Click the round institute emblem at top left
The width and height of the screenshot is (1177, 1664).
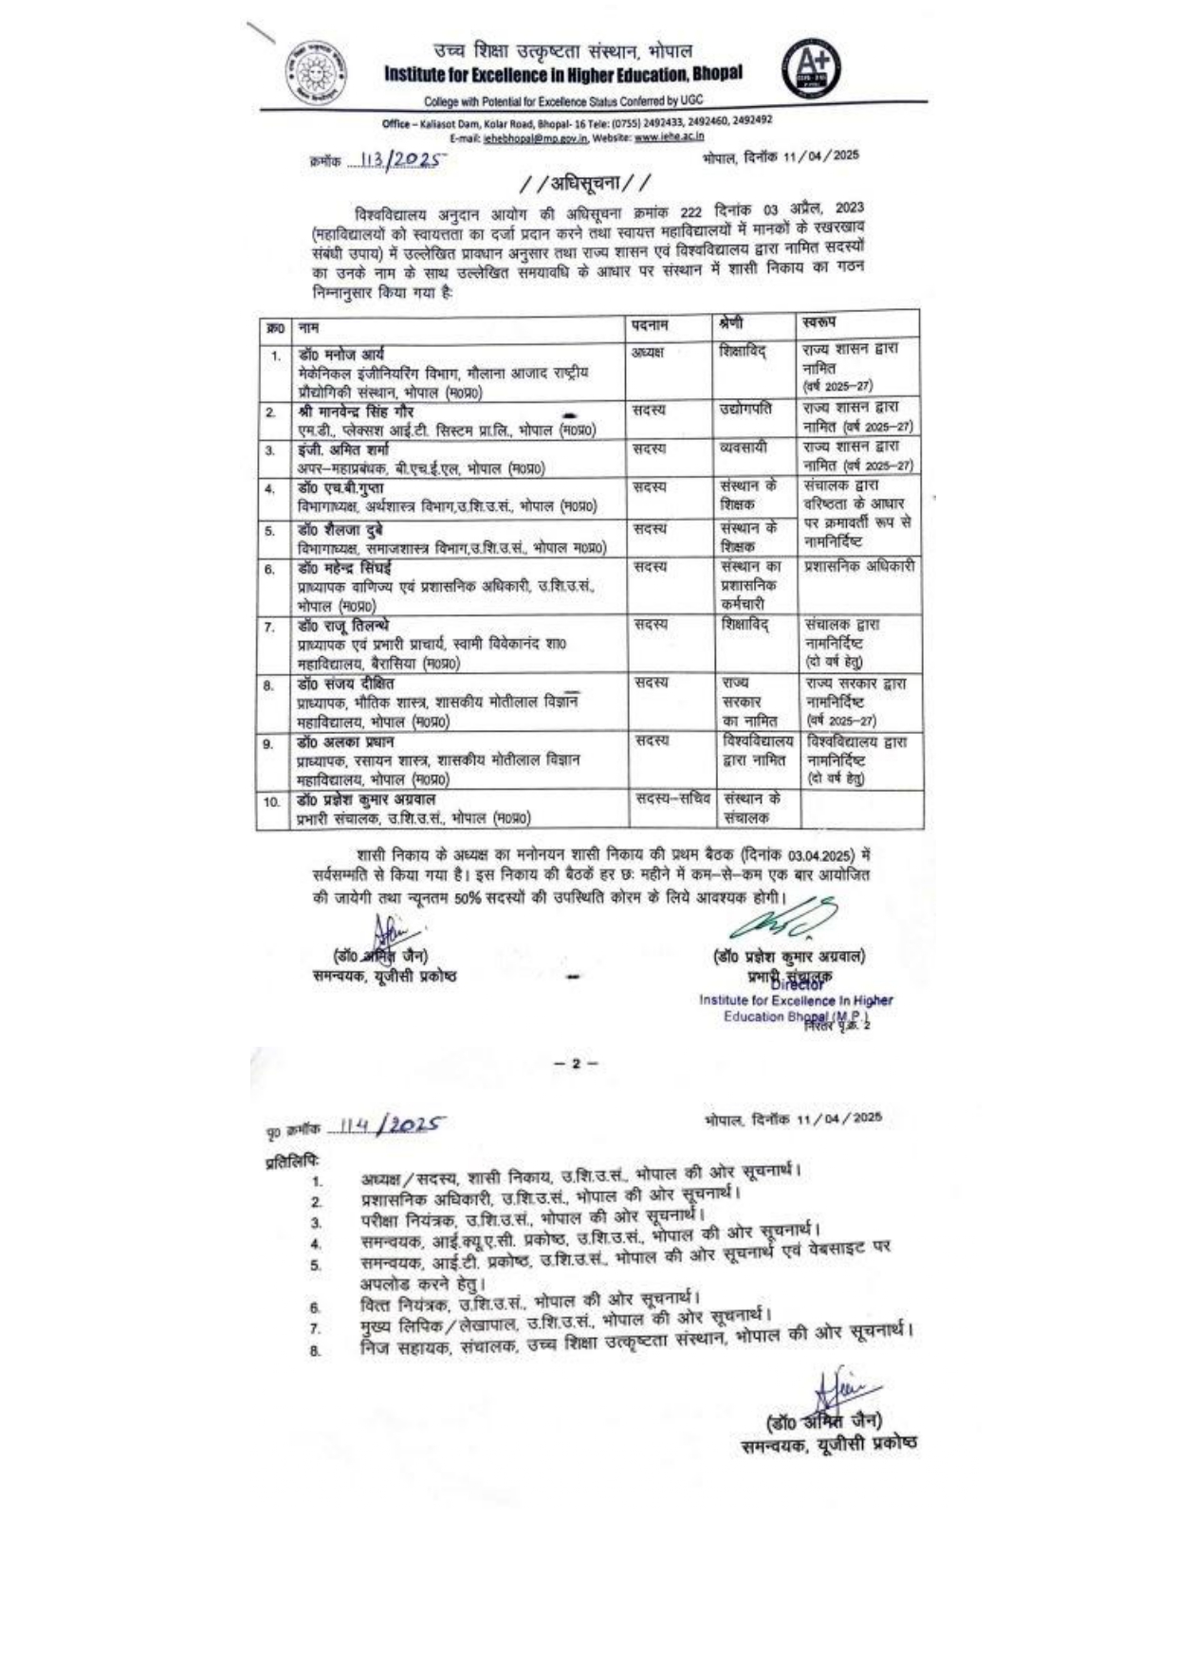tap(316, 72)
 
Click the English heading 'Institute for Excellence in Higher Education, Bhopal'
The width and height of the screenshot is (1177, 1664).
tap(563, 74)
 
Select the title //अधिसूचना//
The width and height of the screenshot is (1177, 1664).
tap(586, 182)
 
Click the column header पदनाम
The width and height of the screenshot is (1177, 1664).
tap(651, 325)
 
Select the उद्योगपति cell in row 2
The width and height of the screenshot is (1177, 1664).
tap(745, 409)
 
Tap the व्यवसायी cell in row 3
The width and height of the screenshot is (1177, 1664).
tap(743, 448)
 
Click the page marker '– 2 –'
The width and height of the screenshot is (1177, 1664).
tap(577, 1064)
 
